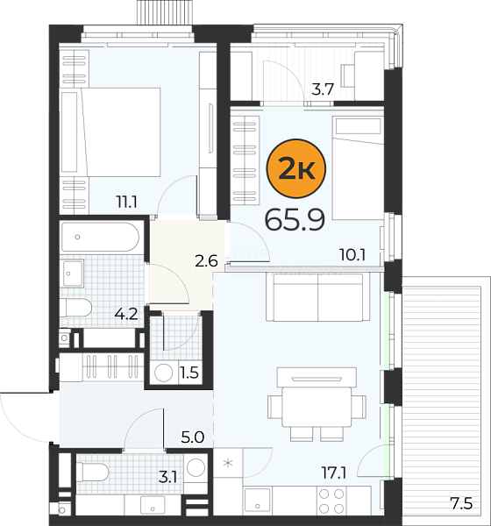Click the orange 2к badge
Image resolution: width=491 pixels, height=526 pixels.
[x=295, y=168]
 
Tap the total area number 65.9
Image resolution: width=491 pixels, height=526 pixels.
[x=295, y=220]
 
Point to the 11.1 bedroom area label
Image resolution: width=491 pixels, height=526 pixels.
[x=126, y=202]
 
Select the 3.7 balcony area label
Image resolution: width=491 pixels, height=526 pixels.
[x=323, y=89]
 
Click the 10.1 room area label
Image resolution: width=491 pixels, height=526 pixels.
[x=352, y=255]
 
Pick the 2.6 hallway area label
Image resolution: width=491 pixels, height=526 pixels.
[x=206, y=261]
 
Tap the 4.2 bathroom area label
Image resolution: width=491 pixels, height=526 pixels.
[x=126, y=314]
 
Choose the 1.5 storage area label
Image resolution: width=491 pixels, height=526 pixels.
[x=189, y=373]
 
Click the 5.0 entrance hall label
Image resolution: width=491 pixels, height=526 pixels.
[x=193, y=437]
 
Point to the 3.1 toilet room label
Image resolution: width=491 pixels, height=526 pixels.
[x=167, y=477]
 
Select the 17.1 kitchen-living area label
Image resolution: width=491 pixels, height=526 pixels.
[x=334, y=473]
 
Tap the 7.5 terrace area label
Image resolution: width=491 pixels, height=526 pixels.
[x=461, y=503]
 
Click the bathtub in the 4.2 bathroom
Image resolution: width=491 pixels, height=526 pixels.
[x=100, y=237]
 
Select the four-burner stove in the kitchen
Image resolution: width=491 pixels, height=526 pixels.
[x=331, y=501]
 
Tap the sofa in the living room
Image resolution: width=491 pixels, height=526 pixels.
[x=317, y=297]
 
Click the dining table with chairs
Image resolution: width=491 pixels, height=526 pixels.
[x=317, y=404]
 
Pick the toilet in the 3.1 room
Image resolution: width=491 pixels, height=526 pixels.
[x=93, y=473]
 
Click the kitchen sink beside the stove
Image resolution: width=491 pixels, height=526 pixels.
[x=258, y=501]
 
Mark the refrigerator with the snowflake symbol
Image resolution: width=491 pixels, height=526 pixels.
[x=228, y=464]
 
